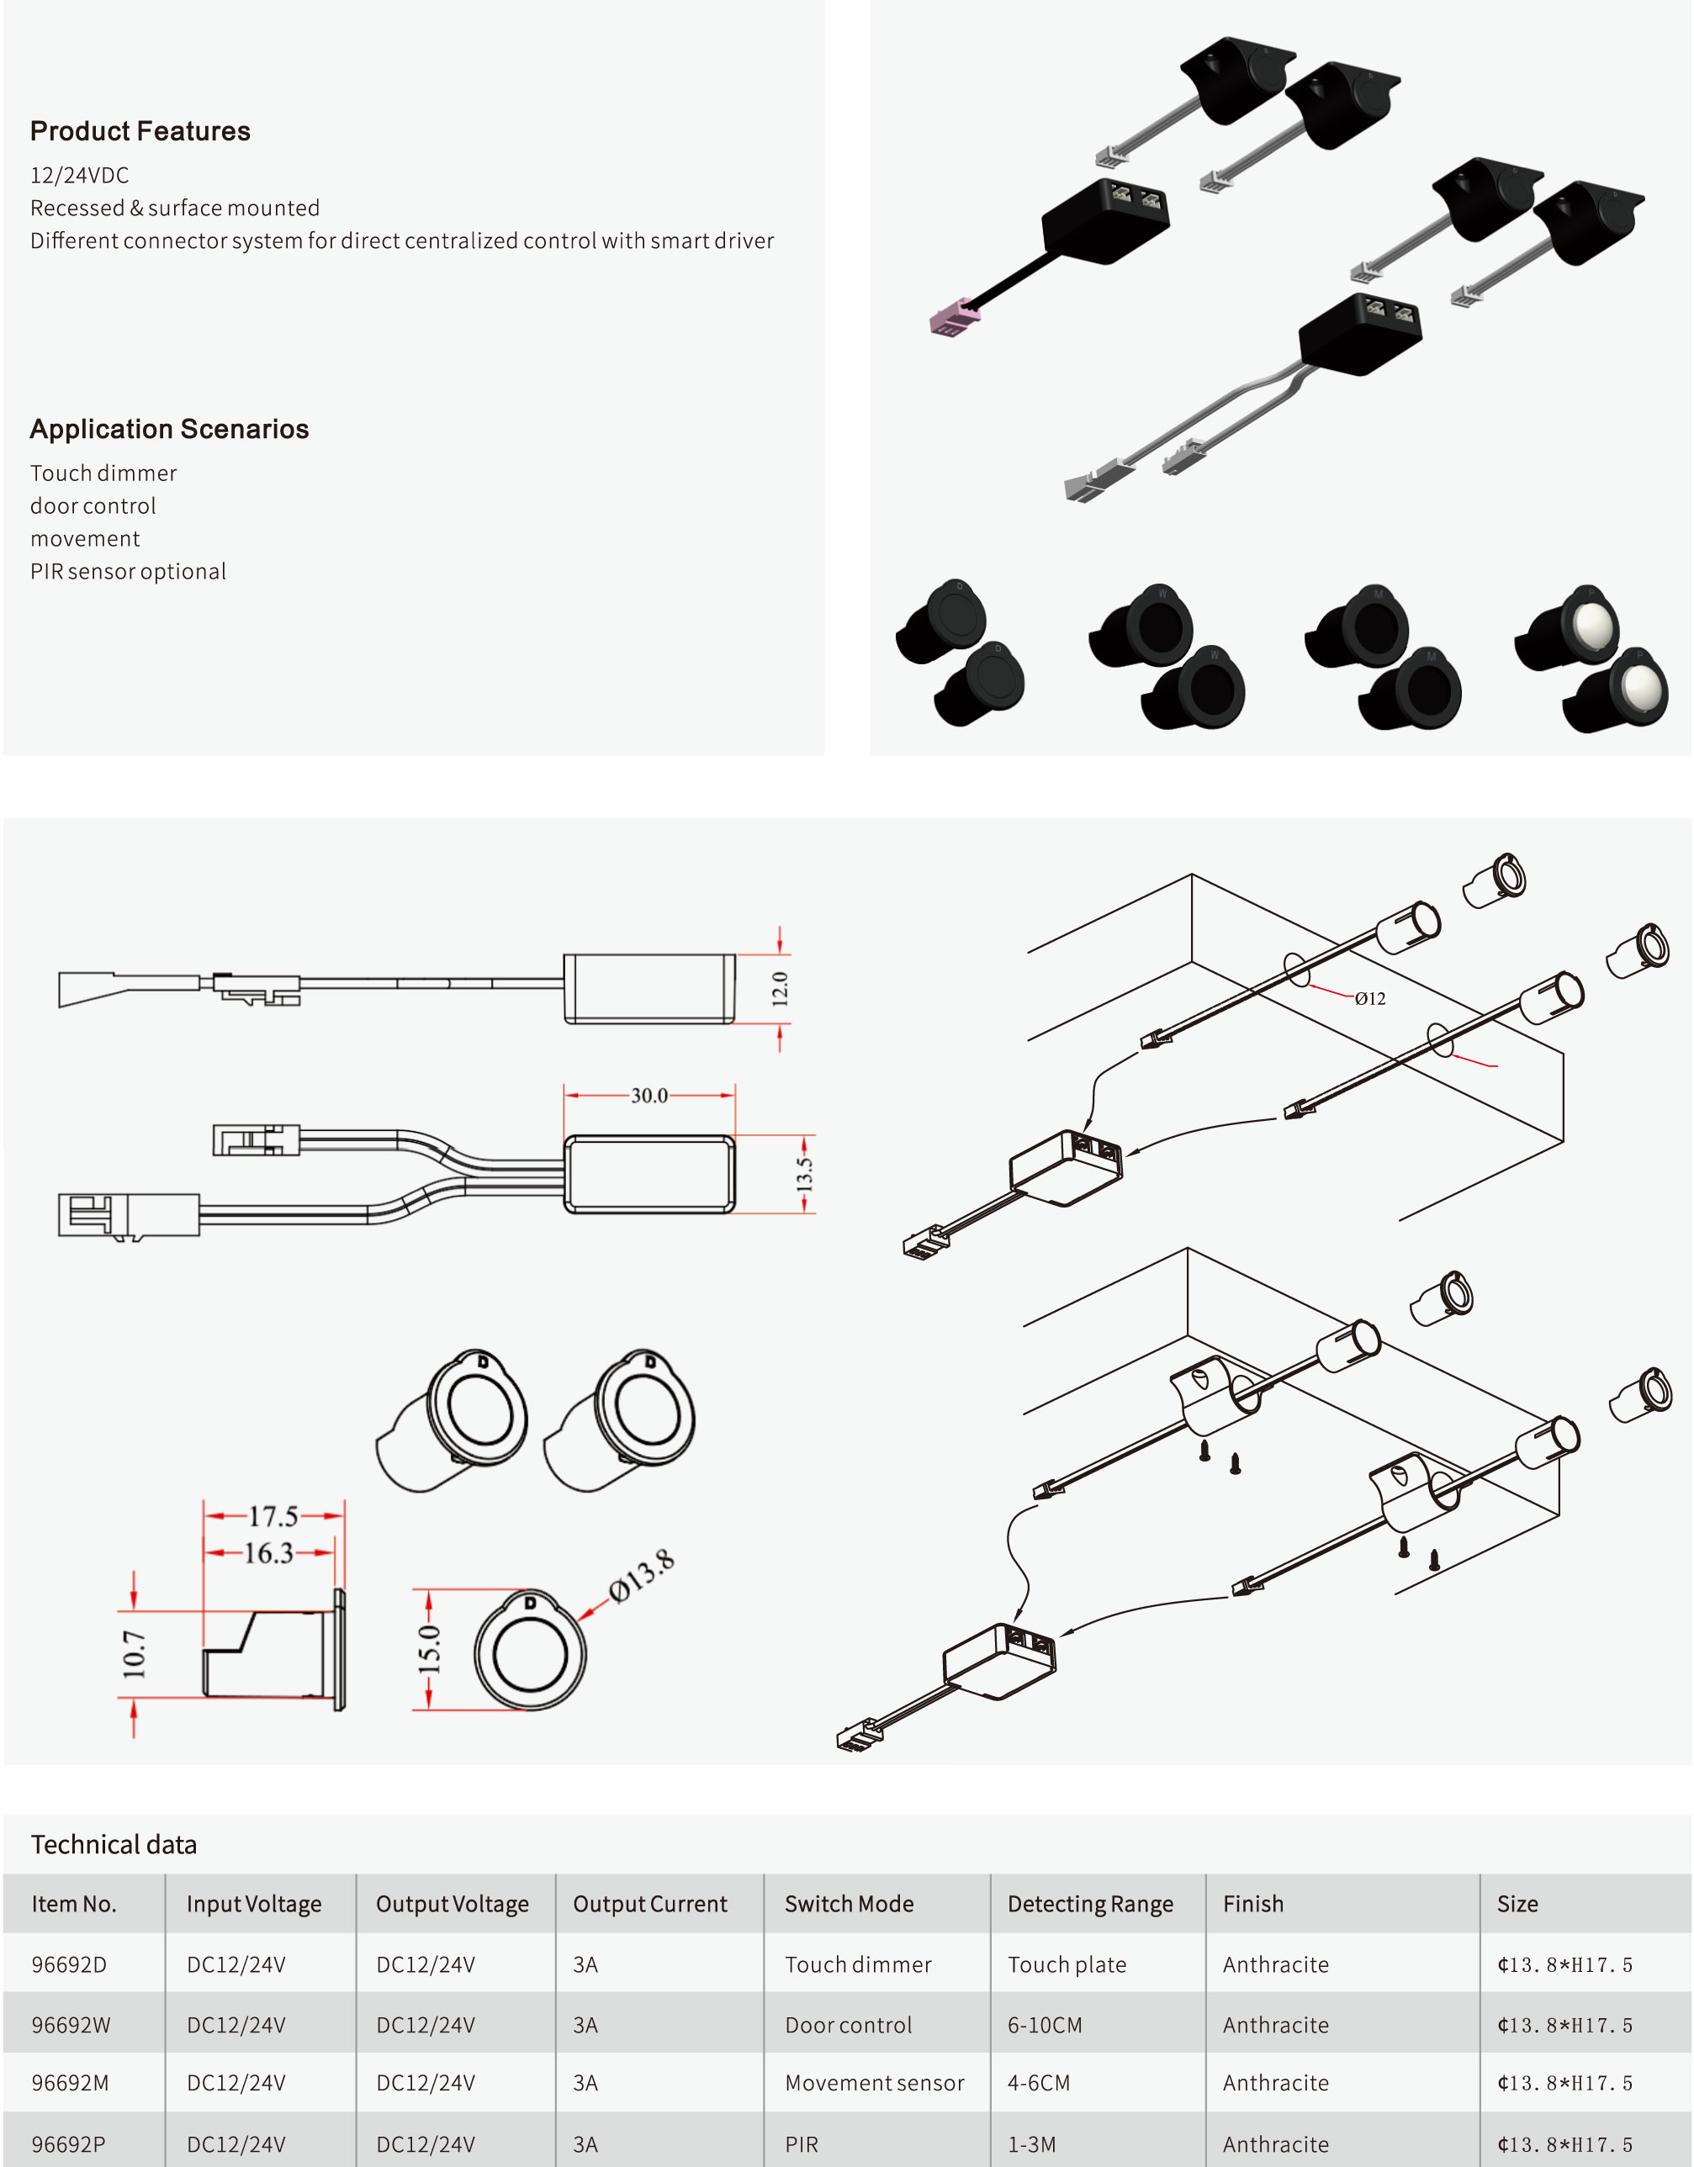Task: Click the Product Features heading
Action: coord(140,131)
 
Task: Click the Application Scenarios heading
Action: coord(170,429)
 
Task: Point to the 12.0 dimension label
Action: coord(780,988)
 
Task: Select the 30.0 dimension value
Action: coord(649,1096)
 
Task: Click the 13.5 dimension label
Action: coord(804,1174)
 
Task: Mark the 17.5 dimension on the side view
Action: coord(273,1516)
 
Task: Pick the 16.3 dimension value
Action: coord(269,1553)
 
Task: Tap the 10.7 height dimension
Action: coord(134,1654)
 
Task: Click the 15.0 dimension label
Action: coord(428,1649)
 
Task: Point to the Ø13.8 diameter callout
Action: coord(642,1576)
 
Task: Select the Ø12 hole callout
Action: coord(1370,998)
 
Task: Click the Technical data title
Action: coord(114,1845)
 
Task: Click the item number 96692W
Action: coord(71,2025)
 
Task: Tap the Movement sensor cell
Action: coord(874,2083)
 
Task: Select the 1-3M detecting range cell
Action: coord(1032,2144)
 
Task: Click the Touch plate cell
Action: coord(1067,1964)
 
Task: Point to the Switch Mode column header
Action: coord(850,1904)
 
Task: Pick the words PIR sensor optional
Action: coord(128,572)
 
